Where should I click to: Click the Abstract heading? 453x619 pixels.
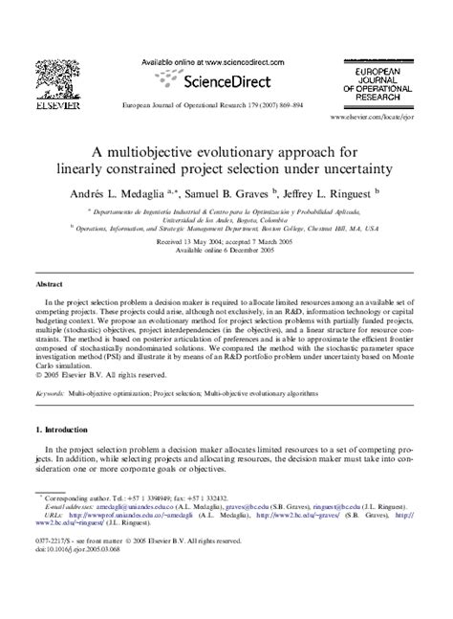tap(50, 285)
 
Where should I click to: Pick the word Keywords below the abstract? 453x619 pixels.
tap(51, 393)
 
